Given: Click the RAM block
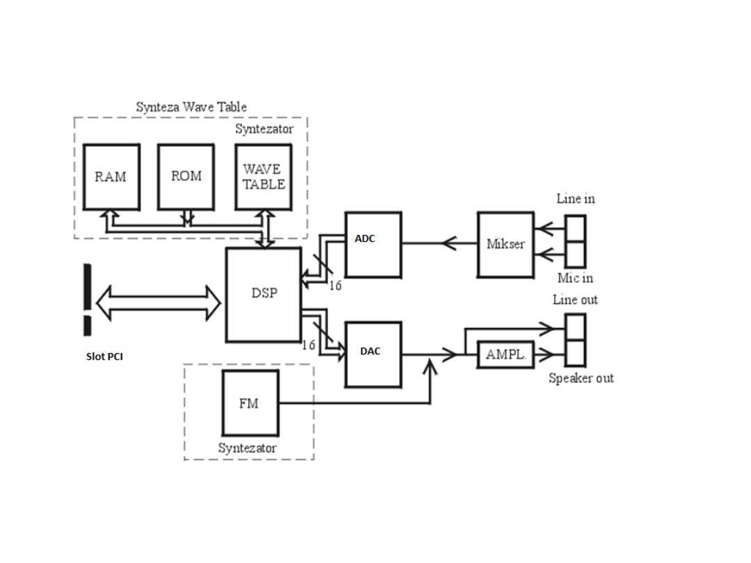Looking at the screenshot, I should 111,177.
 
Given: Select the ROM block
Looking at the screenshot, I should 186,177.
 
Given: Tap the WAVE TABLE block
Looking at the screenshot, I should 264,177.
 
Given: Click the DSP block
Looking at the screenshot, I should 264,294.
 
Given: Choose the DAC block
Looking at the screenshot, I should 373,354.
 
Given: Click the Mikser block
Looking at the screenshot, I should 506,245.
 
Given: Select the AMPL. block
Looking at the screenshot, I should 506,354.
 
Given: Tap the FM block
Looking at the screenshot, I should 250,403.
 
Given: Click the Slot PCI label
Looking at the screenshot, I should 104,357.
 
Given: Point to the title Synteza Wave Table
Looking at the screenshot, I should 191,107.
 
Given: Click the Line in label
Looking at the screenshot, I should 576,199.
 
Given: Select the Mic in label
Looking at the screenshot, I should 576,278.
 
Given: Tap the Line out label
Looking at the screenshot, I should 576,300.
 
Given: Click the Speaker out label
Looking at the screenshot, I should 581,379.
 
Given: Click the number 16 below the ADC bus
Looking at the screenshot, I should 335,286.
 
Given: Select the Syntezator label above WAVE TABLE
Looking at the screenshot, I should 264,129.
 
